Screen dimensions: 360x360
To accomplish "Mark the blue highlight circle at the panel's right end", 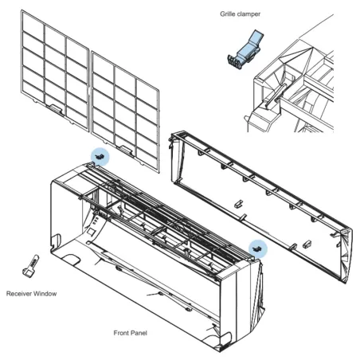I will tap(256, 248).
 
